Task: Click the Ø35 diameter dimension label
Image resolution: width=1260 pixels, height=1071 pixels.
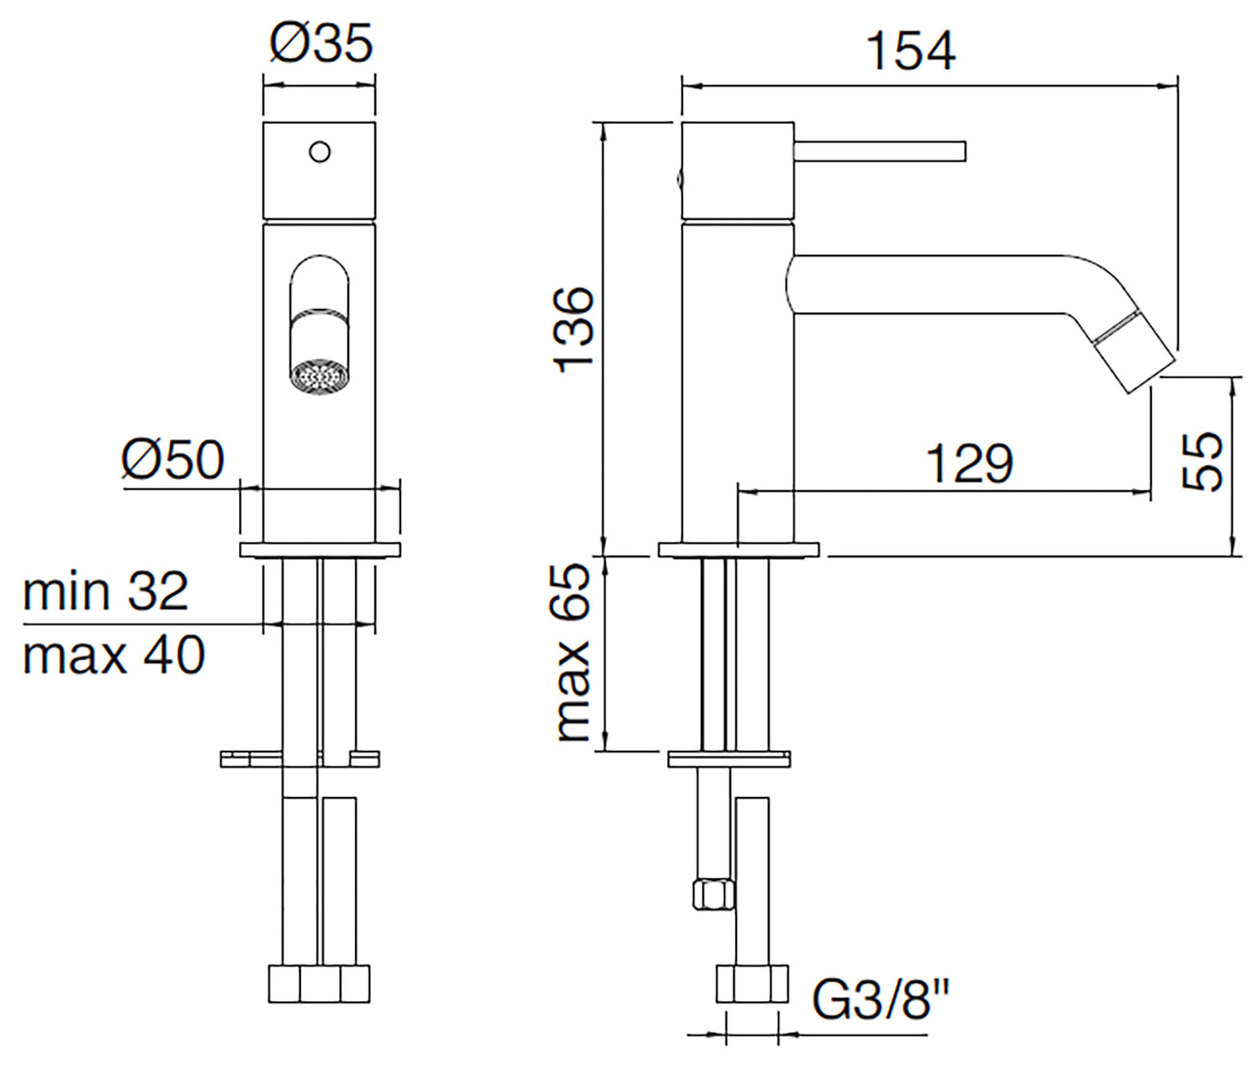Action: (321, 43)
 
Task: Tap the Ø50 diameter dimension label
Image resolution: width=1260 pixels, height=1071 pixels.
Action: (173, 460)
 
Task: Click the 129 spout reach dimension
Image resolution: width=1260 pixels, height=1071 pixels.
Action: (969, 463)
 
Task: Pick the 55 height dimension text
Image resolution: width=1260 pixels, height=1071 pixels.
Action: (1203, 462)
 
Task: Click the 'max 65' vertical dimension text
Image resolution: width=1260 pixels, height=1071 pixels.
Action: (573, 652)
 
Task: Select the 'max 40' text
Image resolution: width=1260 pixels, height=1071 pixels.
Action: (113, 656)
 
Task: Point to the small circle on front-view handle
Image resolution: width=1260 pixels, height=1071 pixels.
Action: (320, 152)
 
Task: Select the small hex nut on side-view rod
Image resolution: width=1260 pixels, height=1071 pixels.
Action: (712, 895)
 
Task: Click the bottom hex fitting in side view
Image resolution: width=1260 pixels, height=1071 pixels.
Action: (753, 984)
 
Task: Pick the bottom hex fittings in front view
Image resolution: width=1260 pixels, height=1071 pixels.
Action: (318, 984)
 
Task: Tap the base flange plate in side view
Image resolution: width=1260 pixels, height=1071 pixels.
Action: (738, 549)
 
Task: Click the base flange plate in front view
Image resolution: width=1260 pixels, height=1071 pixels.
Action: (319, 549)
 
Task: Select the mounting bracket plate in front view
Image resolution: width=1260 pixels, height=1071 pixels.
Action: (300, 759)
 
